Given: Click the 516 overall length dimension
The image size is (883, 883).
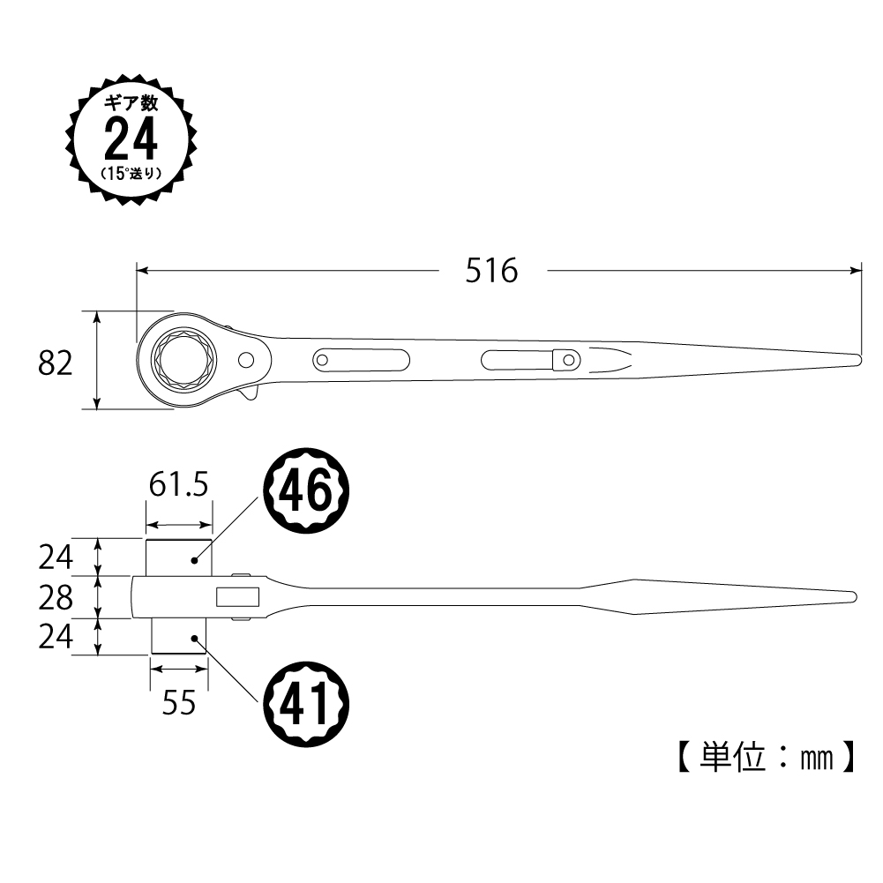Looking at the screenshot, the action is coord(491,271).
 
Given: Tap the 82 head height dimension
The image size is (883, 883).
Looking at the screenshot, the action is coord(56,363).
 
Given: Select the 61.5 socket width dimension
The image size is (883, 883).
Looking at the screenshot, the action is coord(178,485).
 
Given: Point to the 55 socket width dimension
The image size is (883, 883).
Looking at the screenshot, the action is coord(178,703).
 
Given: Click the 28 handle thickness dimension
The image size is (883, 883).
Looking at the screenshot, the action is coord(56,597).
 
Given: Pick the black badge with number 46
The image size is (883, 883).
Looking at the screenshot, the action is coord(307,490).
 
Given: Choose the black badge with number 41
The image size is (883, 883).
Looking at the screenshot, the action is coord(307,704).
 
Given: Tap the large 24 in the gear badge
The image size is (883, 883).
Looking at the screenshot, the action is coord(131,139).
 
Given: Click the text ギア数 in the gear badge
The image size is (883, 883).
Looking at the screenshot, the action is coord(131,103).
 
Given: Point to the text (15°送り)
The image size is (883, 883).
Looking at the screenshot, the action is coord(131,174).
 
